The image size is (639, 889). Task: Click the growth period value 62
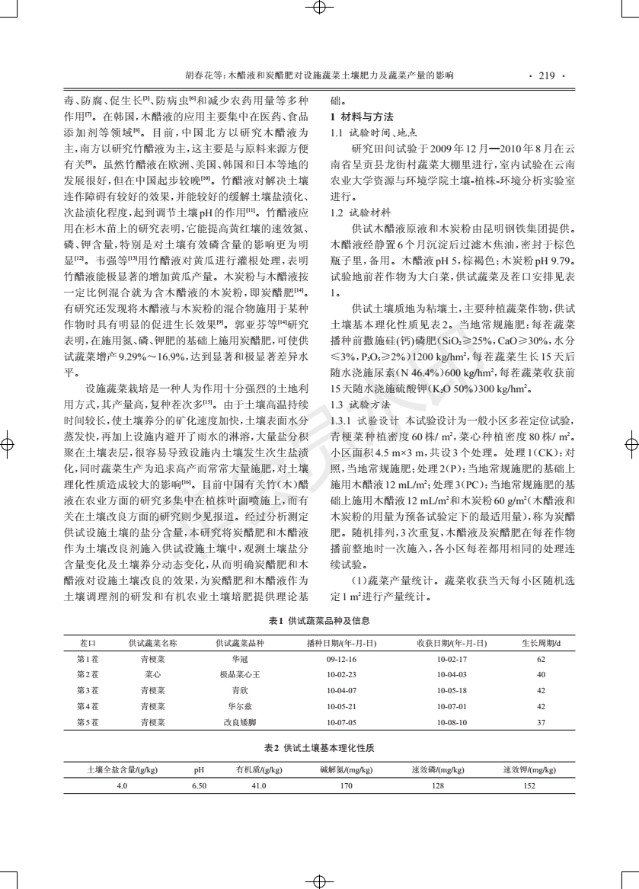(541, 659)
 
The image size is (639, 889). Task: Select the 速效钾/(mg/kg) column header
(529, 769)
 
